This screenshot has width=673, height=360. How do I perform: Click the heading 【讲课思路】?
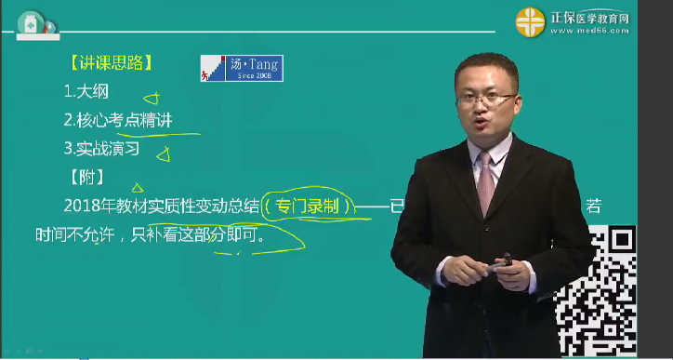[x=111, y=64]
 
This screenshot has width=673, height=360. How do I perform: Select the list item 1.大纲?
[x=86, y=92]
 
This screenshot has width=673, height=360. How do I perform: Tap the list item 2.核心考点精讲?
[x=118, y=120]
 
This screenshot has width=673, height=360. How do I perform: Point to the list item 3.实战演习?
[x=101, y=147]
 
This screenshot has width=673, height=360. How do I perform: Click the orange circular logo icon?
[x=533, y=21]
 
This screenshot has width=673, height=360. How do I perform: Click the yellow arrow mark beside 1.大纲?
[x=152, y=96]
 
